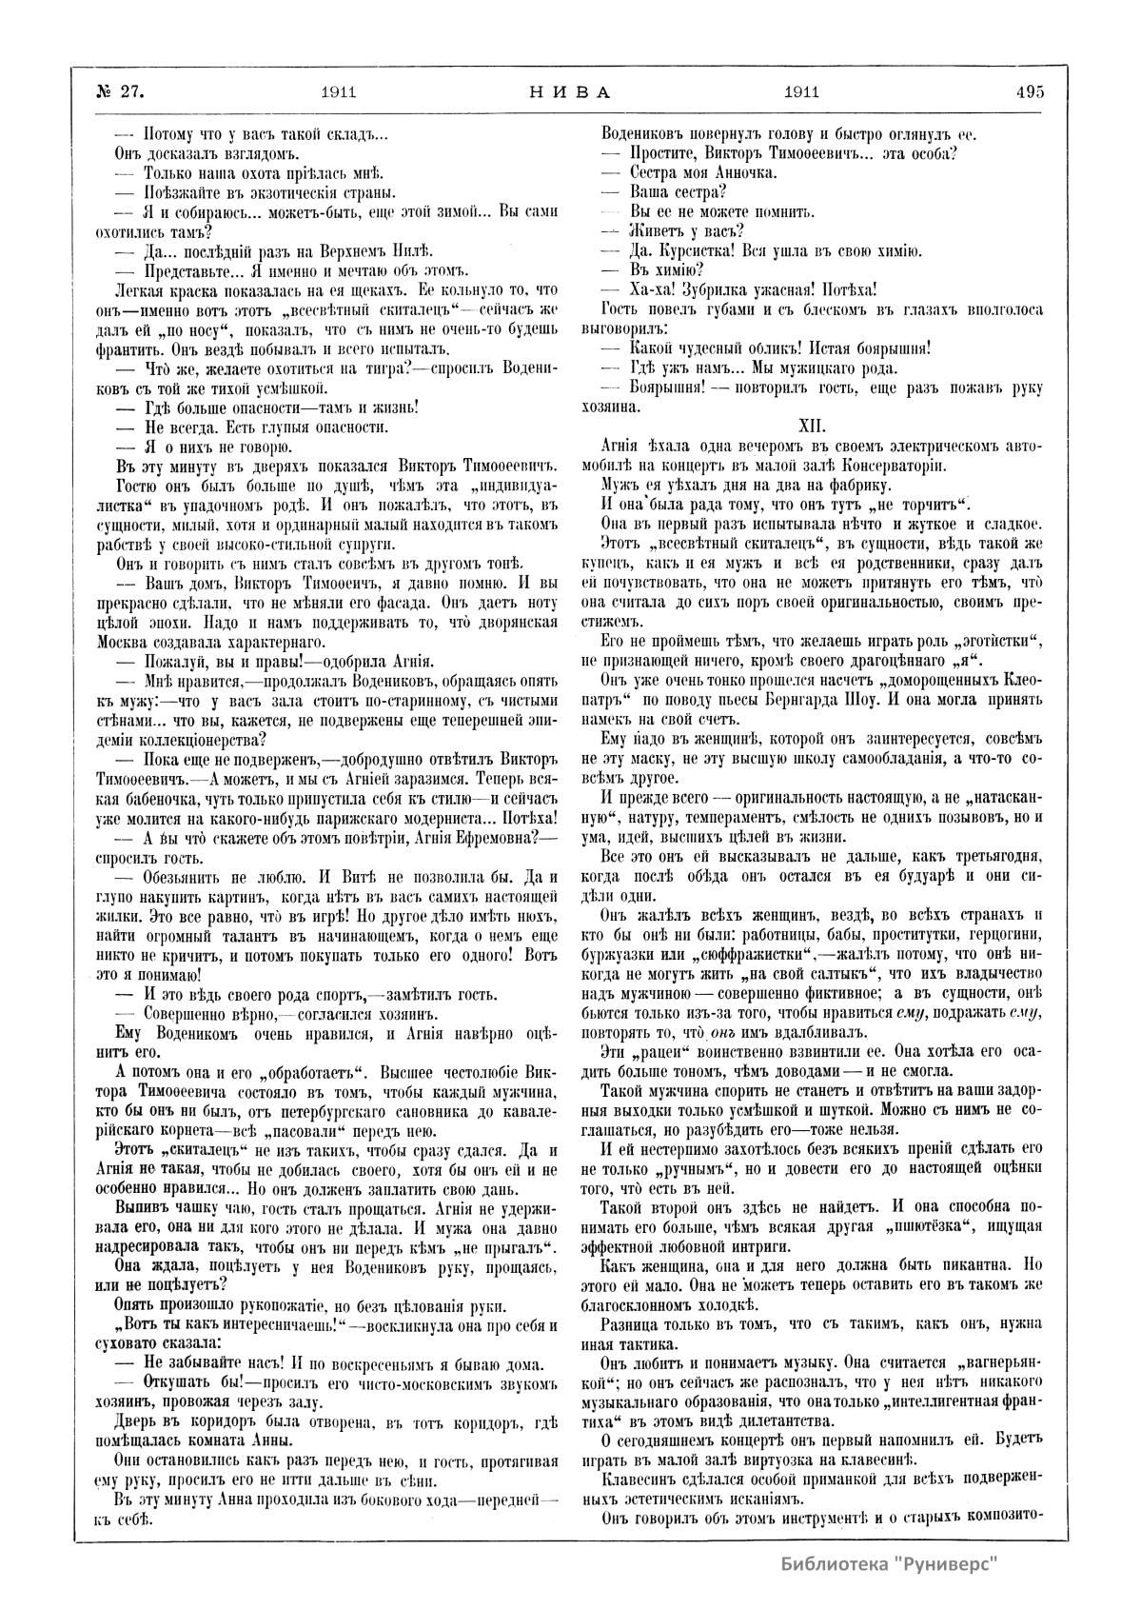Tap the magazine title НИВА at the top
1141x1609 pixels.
coord(568,92)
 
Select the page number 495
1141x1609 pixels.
coord(1030,92)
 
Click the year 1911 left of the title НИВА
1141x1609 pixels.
coord(339,92)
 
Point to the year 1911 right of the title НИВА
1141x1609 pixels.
coord(801,92)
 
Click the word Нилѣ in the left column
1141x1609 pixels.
coord(408,251)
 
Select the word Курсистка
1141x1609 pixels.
coord(699,251)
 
